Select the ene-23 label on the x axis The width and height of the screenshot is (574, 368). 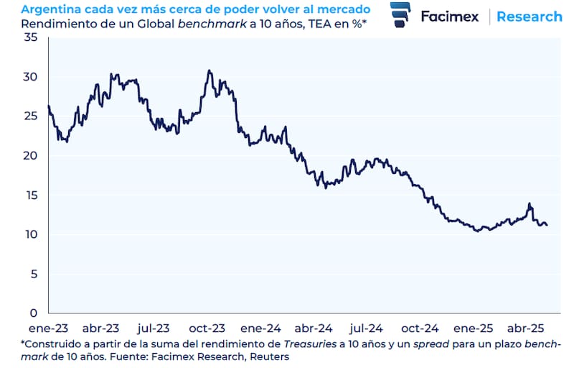click(47, 326)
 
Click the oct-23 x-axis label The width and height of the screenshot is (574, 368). click(209, 326)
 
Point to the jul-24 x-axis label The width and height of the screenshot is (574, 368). click(366, 326)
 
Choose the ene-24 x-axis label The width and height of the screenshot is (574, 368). click(261, 326)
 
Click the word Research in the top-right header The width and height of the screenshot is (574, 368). click(530, 16)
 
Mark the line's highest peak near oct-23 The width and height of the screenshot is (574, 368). click(209, 70)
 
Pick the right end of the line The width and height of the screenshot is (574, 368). click(547, 225)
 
